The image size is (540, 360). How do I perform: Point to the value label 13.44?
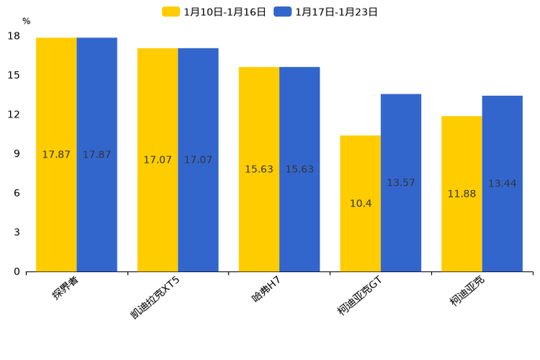click(x=502, y=184)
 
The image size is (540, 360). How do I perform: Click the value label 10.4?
click(x=361, y=203)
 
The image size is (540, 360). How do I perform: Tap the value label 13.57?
click(x=401, y=183)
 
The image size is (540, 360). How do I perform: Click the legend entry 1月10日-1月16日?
click(x=216, y=12)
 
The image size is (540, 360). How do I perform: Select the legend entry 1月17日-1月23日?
click(x=327, y=12)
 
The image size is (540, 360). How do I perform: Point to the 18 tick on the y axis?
click(x=14, y=36)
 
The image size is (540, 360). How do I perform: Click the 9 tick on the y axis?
click(x=17, y=154)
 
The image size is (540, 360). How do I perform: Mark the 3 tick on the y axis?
click(x=17, y=232)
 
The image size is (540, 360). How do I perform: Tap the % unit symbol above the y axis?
click(x=26, y=21)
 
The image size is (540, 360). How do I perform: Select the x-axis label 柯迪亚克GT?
click(x=359, y=296)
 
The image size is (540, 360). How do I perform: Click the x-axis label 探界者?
click(x=65, y=287)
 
